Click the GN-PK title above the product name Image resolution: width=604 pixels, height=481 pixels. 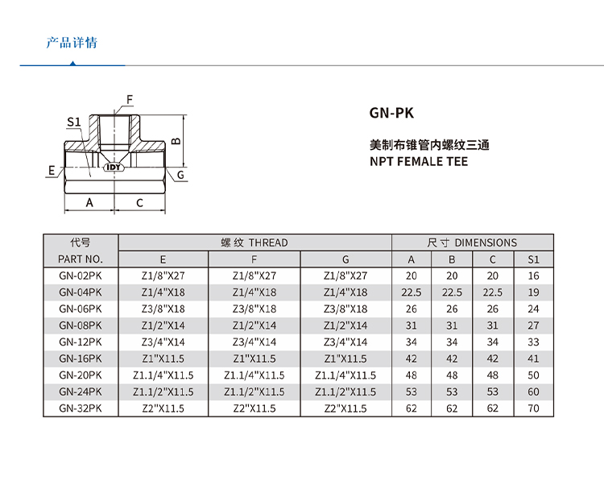pos(391,114)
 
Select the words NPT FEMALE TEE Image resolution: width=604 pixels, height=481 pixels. pos(418,161)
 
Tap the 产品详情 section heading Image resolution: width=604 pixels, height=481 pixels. pos(72,43)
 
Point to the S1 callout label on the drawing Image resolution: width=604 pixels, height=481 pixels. pos(73,122)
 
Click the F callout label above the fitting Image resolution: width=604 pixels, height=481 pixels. pos(128,100)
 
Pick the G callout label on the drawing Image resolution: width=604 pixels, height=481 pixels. pos(181,174)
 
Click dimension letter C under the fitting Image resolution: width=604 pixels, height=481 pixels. pos(139,203)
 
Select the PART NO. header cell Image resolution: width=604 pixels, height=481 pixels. pos(81,259)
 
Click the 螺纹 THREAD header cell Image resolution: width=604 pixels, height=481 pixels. pos(254,243)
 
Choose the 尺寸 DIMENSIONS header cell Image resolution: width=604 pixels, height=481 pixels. pos(473,243)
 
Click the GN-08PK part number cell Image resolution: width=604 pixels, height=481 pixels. pos(81,326)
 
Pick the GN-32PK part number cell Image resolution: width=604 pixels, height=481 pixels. pos(81,408)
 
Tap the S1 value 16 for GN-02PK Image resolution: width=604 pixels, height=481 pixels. pos(533,276)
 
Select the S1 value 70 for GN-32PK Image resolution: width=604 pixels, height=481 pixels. pos(533,408)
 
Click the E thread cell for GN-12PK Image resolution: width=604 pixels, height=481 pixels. pos(163,342)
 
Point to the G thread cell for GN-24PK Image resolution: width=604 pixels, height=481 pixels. pos(345,392)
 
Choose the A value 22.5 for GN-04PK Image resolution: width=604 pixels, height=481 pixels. pos(412,292)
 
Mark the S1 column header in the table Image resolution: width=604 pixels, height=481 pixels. pos(533,259)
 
